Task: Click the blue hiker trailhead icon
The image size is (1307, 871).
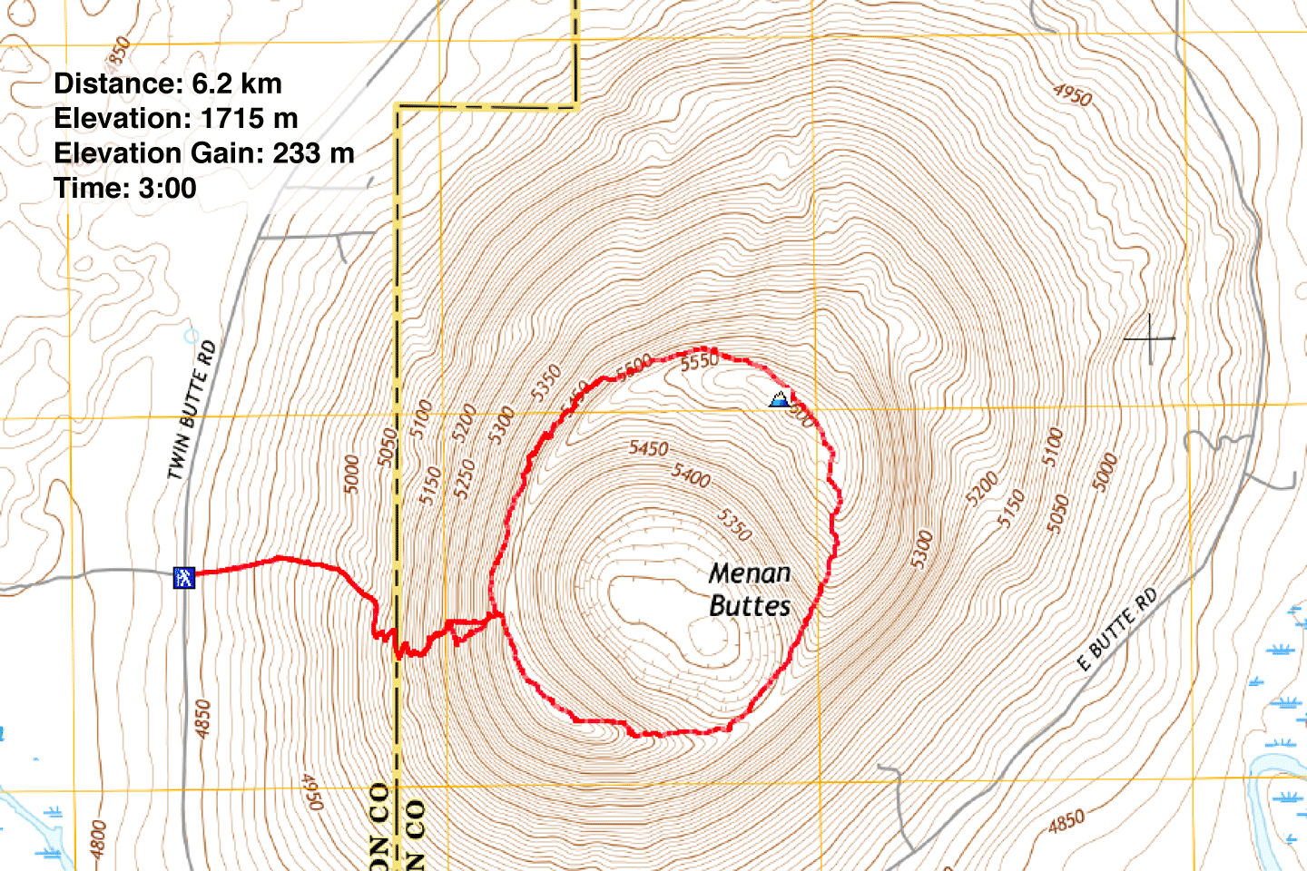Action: [x=184, y=577]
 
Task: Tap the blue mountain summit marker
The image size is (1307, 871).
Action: [x=779, y=398]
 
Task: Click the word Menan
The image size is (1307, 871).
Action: [x=750, y=573]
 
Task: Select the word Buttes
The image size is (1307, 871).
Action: [x=750, y=606]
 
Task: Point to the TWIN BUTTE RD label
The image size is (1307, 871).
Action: [x=192, y=410]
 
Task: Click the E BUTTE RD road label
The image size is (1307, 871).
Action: [x=1117, y=630]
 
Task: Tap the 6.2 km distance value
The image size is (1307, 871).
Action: [x=237, y=83]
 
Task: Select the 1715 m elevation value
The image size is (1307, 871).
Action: [x=250, y=119]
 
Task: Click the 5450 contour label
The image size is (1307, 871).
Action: [x=649, y=448]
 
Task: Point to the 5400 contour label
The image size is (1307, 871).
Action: [x=691, y=474]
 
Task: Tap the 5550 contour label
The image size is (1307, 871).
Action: [x=700, y=362]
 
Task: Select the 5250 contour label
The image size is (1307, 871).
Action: [x=465, y=479]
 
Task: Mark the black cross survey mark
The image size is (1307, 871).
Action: [x=1150, y=338]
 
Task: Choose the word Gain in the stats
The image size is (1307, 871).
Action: [x=229, y=153]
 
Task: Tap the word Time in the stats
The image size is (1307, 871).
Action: [x=88, y=189]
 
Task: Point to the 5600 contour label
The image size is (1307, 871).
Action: [x=634, y=367]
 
